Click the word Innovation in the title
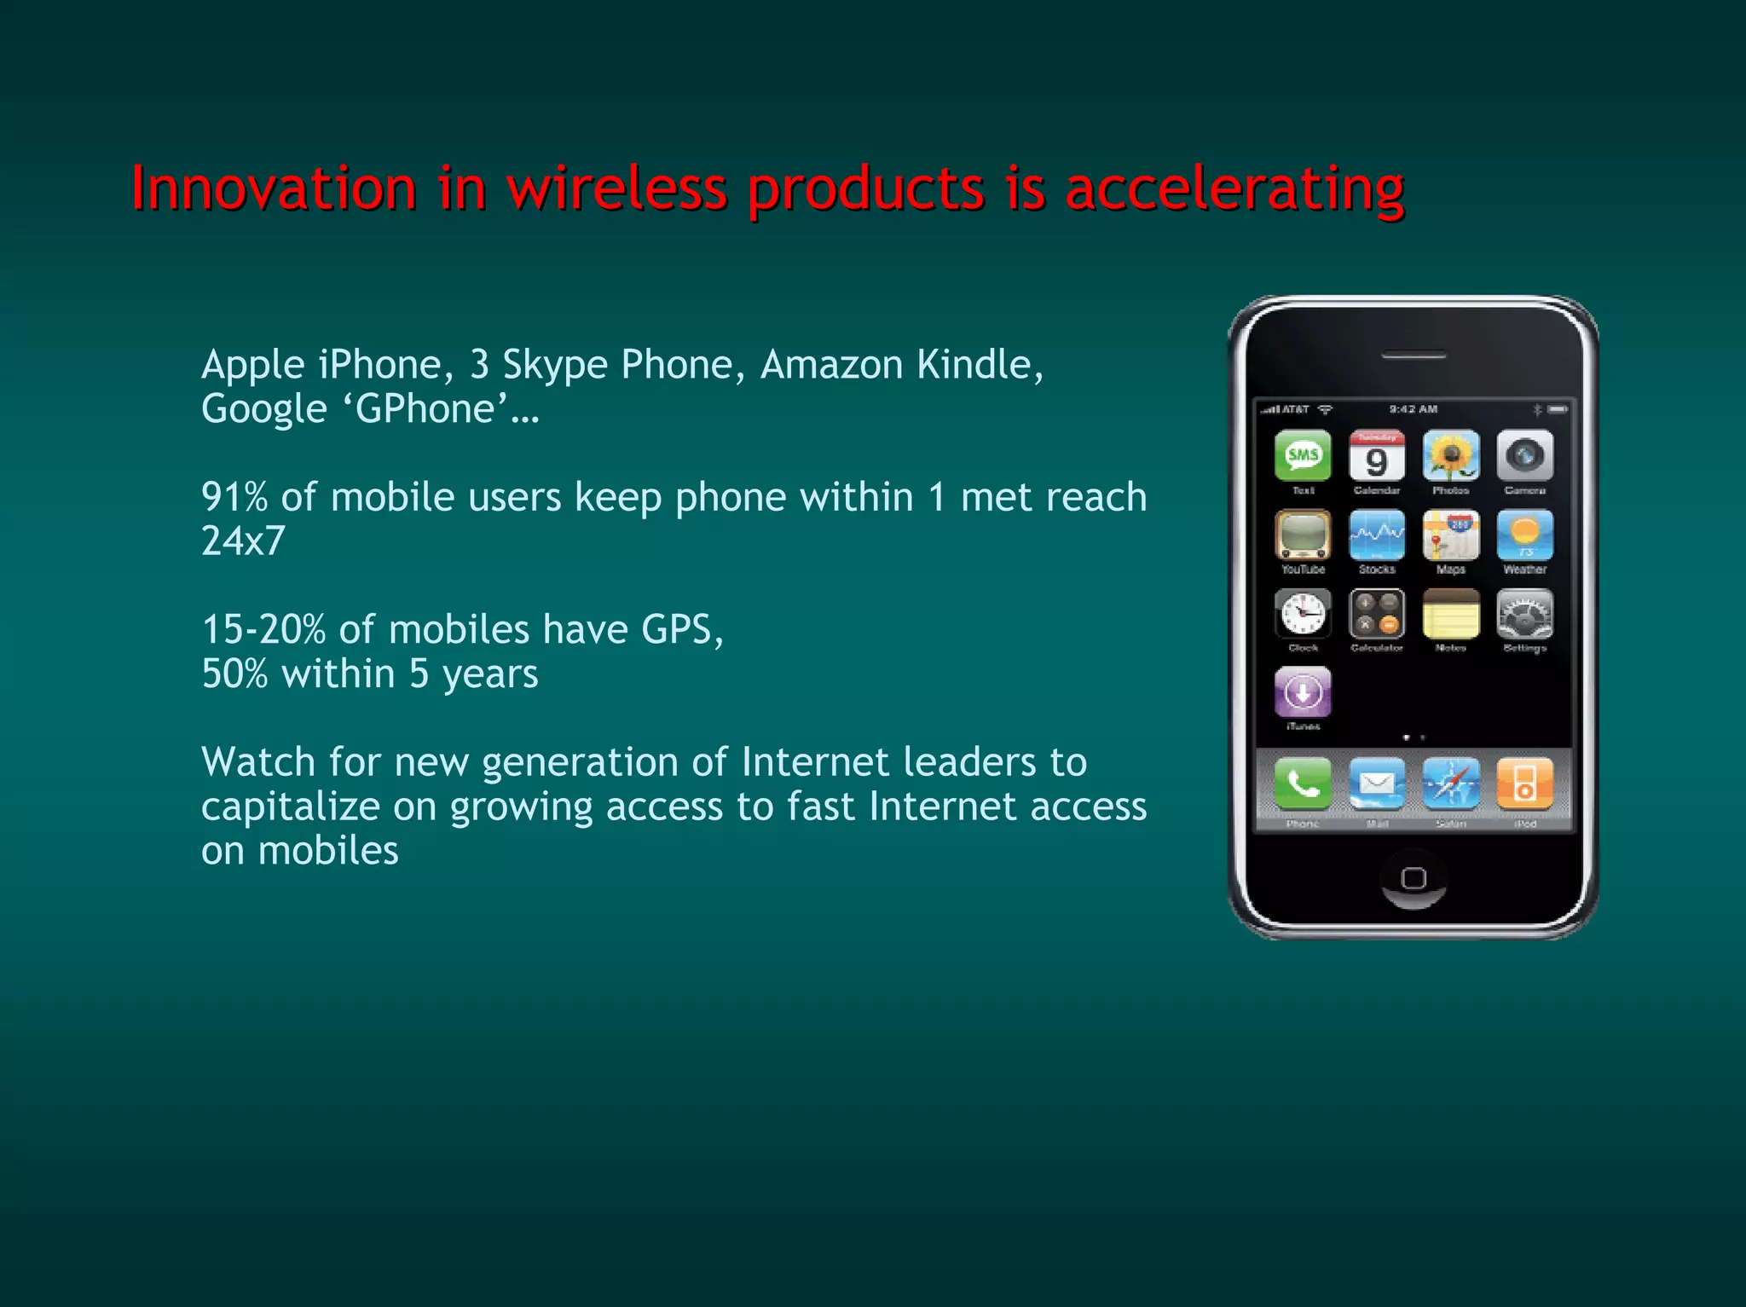click(274, 188)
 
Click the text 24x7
click(243, 541)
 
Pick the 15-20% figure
click(263, 630)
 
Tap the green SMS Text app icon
click(1303, 456)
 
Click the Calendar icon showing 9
click(1377, 456)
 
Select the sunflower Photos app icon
click(1450, 456)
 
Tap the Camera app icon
click(1524, 456)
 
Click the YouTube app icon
click(1303, 535)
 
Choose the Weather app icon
click(1524, 535)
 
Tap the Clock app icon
click(1303, 614)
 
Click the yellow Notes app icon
click(1450, 614)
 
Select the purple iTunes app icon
click(1303, 692)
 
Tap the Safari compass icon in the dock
click(1450, 784)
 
